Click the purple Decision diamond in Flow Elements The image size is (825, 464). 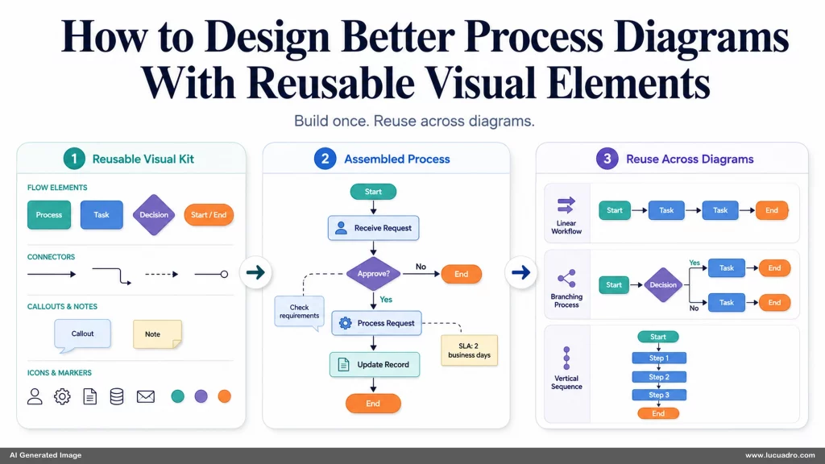pos(154,214)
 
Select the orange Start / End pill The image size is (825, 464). pos(209,214)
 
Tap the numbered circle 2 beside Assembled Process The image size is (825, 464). pos(325,159)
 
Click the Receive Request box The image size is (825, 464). pos(374,228)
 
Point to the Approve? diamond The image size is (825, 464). pos(374,274)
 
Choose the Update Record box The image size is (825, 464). pos(375,365)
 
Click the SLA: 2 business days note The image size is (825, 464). pos(470,350)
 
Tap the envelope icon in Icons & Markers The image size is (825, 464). pos(146,396)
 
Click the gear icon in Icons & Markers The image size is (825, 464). pos(62,396)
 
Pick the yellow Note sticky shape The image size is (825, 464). pos(157,334)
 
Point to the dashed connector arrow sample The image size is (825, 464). pos(161,274)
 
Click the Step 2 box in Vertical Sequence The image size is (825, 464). pos(659,377)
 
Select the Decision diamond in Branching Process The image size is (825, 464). pos(663,284)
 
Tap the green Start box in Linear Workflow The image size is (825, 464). pos(615,210)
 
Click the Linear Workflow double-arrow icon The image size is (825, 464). pos(566,205)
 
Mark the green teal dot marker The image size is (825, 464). pos(178,396)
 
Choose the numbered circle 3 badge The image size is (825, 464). pos(607,159)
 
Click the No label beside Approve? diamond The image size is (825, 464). pos(421,267)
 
